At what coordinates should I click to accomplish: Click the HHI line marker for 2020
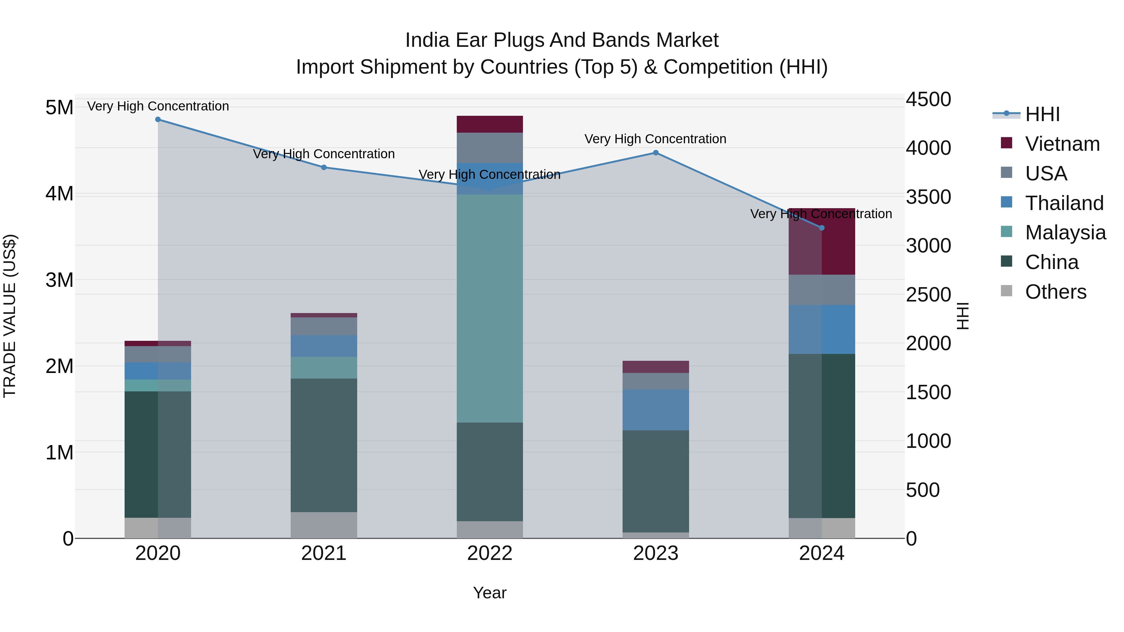pyautogui.click(x=158, y=120)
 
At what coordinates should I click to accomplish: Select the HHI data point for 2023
pyautogui.click(x=655, y=153)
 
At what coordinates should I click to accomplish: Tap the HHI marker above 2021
pyautogui.click(x=324, y=168)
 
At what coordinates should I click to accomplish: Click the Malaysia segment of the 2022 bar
pyautogui.click(x=490, y=308)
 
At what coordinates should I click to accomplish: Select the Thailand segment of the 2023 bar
pyautogui.click(x=655, y=410)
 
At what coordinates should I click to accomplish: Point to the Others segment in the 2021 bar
pyautogui.click(x=324, y=525)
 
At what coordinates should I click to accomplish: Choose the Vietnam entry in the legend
pyautogui.click(x=1062, y=144)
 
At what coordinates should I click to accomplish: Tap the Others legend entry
pyautogui.click(x=1056, y=292)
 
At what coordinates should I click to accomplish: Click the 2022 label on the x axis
pyautogui.click(x=490, y=553)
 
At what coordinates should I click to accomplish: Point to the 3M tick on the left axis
pyautogui.click(x=59, y=280)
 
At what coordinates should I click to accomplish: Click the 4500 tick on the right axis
pyautogui.click(x=928, y=100)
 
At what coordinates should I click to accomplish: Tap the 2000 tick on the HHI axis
pyautogui.click(x=928, y=343)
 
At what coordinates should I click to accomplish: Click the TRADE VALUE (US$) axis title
pyautogui.click(x=10, y=316)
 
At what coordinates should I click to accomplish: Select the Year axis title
pyautogui.click(x=490, y=593)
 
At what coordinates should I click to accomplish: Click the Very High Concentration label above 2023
pyautogui.click(x=655, y=139)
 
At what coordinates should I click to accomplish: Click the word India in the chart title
pyautogui.click(x=427, y=40)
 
